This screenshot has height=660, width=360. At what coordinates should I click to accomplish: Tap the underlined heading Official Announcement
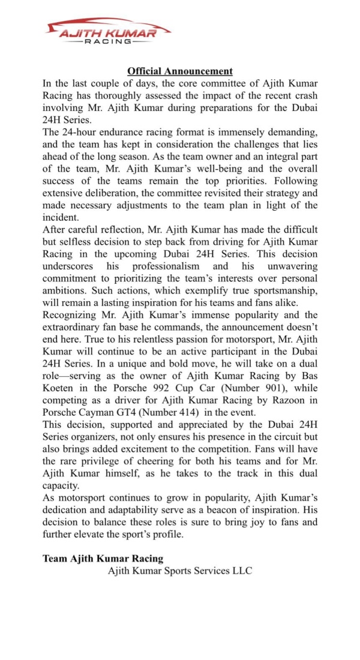pyautogui.click(x=180, y=71)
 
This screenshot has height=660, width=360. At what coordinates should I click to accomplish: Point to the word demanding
pyautogui.click(x=292, y=131)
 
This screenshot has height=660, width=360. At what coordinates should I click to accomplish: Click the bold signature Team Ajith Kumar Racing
pyautogui.click(x=103, y=559)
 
